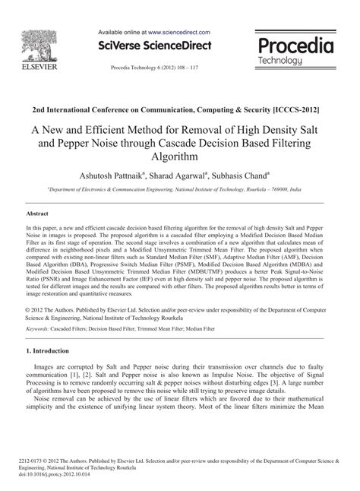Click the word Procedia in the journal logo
[x=296, y=46]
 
